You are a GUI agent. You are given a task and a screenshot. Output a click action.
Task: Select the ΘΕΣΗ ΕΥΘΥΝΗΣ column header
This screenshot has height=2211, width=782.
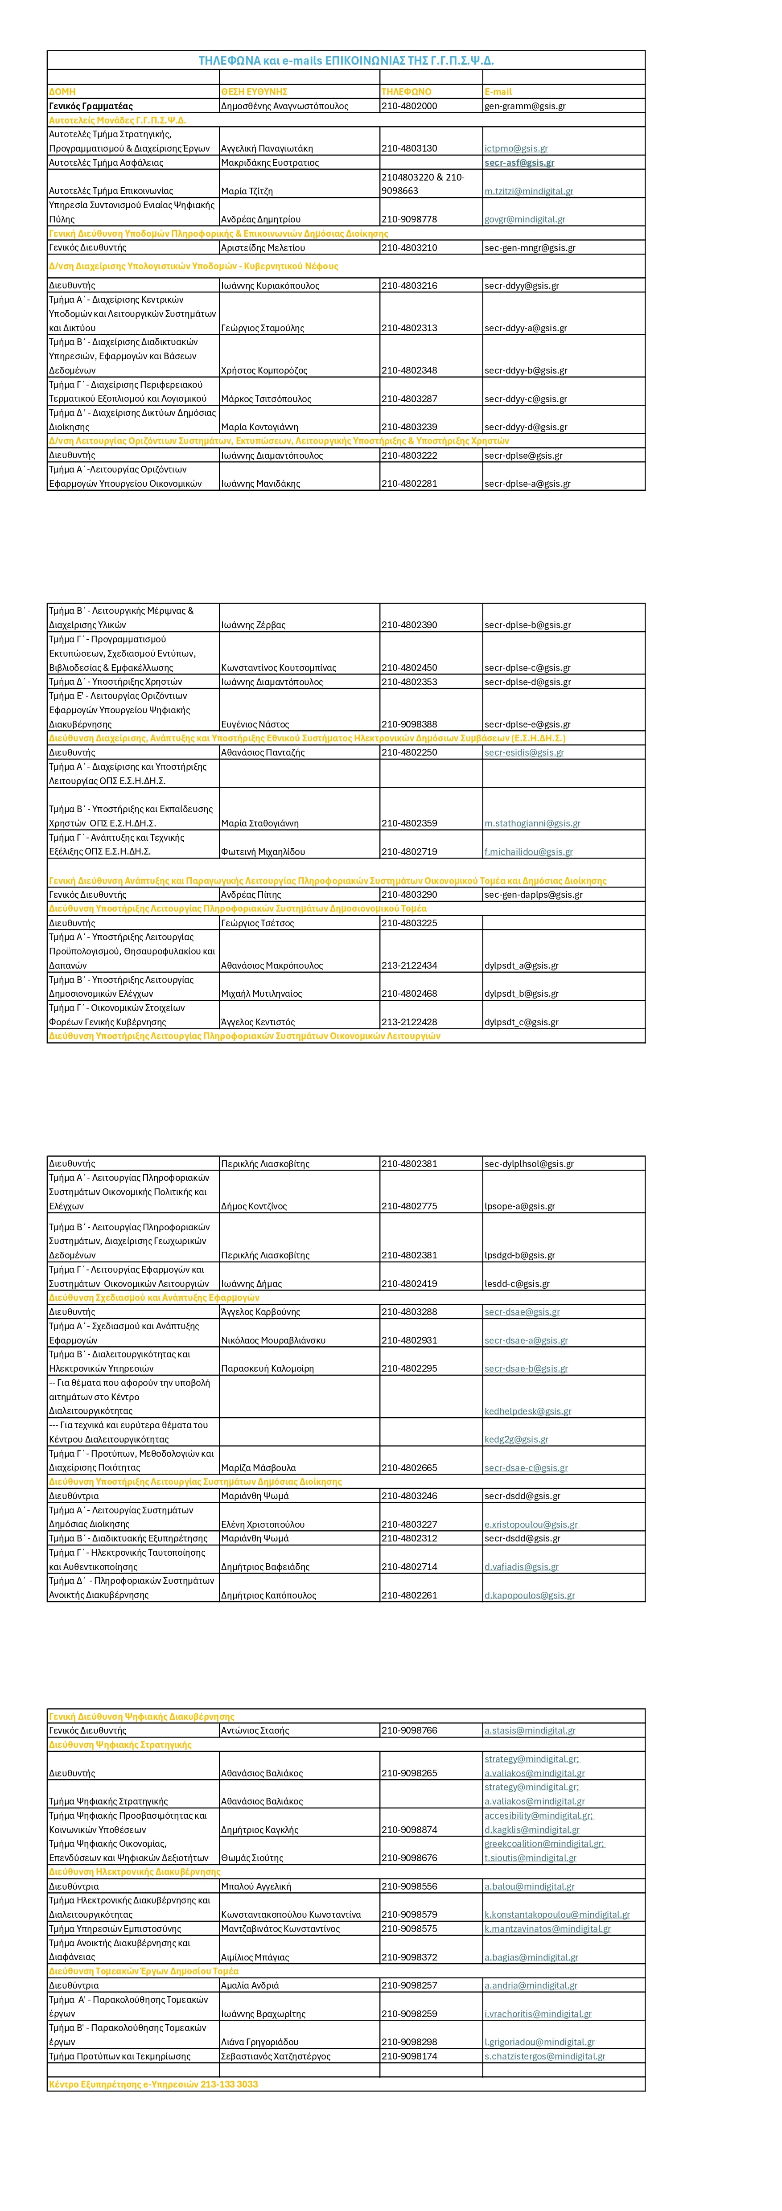click(254, 91)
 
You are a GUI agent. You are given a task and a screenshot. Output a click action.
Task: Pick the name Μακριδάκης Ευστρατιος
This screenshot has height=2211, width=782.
click(270, 162)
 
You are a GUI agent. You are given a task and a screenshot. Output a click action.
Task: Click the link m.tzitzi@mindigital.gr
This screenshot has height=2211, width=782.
click(528, 190)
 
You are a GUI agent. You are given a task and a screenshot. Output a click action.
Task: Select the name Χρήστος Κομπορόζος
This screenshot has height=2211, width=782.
click(263, 370)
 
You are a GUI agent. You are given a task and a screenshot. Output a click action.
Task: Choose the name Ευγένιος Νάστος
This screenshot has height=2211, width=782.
click(255, 723)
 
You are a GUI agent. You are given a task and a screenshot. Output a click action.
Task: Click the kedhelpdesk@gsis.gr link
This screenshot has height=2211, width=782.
click(527, 1410)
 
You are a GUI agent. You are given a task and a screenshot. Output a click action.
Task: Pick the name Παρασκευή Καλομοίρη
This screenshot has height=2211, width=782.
click(267, 1368)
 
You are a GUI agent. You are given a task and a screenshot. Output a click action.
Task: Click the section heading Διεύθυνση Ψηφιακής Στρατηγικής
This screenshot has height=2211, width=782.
click(120, 1744)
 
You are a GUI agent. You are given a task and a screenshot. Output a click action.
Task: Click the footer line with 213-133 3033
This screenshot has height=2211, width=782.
click(153, 2084)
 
